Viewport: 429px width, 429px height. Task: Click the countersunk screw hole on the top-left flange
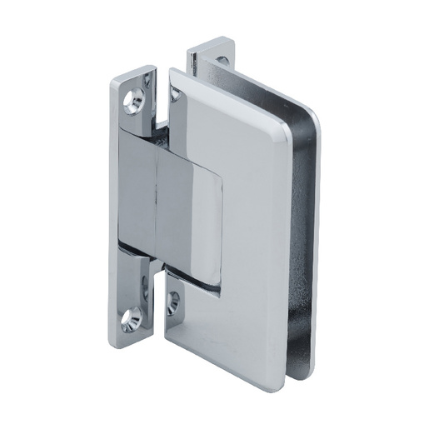pyautogui.click(x=132, y=102)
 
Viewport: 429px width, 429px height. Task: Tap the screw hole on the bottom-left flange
pyautogui.click(x=132, y=317)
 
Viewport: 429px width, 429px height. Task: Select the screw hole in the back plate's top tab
pyautogui.click(x=222, y=61)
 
